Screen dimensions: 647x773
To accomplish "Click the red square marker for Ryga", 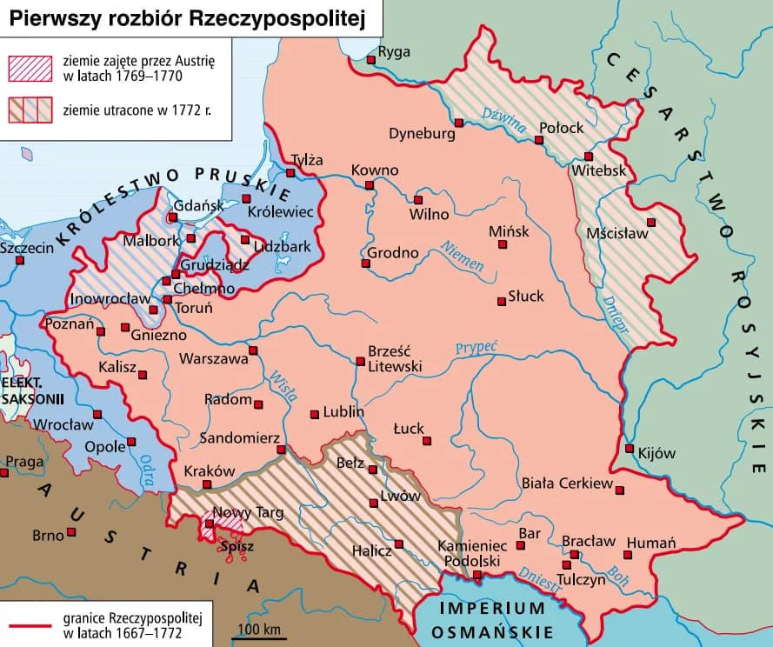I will coord(371,59).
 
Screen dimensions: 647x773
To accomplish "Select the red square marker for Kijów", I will coord(630,449).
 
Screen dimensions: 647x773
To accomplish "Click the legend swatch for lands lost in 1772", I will coord(30,110).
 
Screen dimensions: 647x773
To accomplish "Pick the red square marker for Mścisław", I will coord(650,222).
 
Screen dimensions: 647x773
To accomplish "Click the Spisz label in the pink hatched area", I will coord(237,547).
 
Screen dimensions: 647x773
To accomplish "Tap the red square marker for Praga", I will coord(4,472).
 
